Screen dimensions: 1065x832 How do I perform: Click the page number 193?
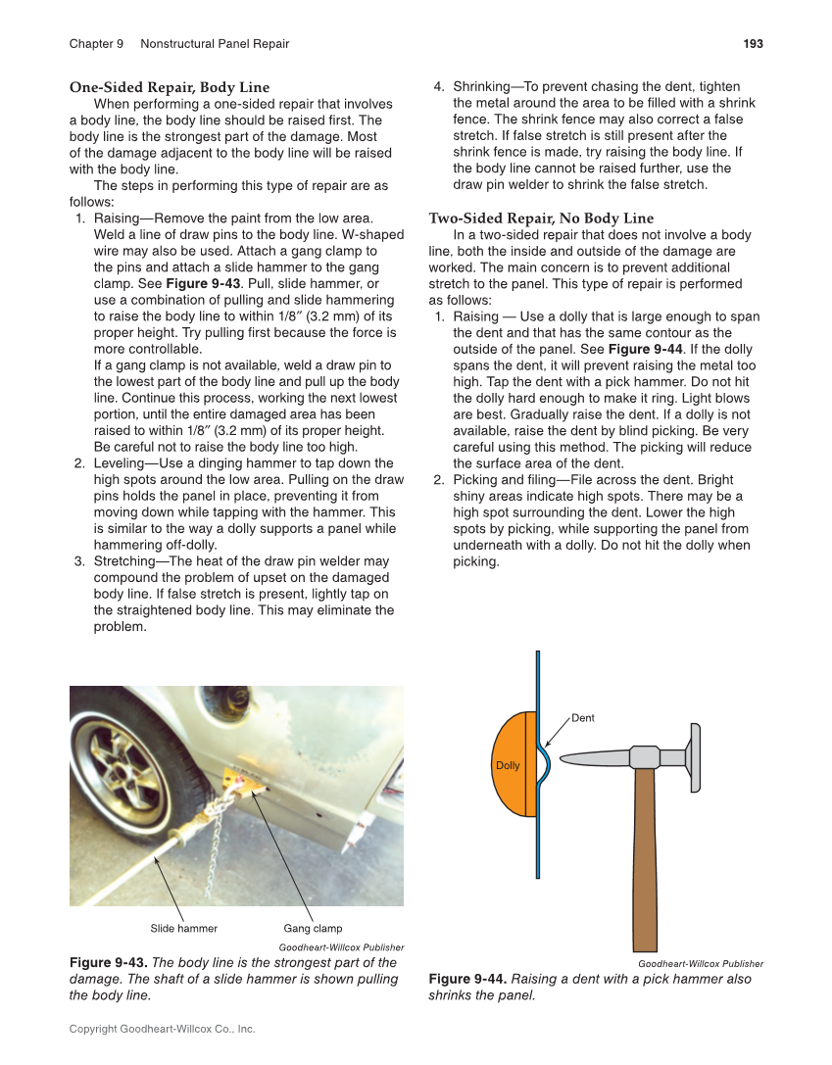pos(753,44)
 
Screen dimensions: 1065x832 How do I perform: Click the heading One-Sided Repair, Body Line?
pos(170,87)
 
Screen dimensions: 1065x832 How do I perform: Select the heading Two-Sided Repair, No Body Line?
pos(541,218)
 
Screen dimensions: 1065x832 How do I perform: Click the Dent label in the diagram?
pos(583,718)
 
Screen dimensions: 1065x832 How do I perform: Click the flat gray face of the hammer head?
pos(695,757)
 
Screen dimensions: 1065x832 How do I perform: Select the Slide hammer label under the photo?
pos(183,928)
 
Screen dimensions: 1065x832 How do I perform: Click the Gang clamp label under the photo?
pos(313,928)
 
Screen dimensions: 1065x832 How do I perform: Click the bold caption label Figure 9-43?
pos(108,962)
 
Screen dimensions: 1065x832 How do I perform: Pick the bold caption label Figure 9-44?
pos(467,979)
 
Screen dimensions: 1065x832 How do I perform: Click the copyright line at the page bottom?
pos(162,1029)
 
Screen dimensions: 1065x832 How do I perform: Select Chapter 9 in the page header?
pos(96,44)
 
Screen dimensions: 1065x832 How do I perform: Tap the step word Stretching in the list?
pos(125,561)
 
